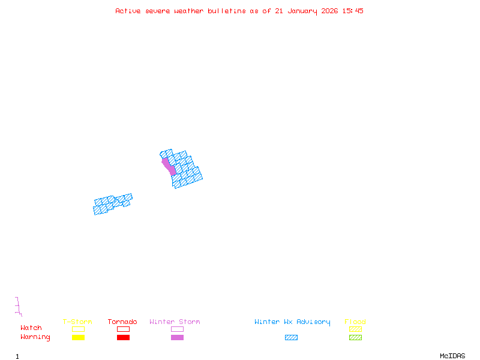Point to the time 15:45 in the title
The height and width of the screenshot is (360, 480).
353,11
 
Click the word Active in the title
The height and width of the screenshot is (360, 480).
128,11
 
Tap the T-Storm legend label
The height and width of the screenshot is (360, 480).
77,322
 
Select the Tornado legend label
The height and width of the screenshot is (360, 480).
122,322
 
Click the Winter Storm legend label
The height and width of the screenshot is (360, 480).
175,322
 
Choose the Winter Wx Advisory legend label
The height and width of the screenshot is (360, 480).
292,322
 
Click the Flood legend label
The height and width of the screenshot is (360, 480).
355,322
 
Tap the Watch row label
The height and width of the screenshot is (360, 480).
31,328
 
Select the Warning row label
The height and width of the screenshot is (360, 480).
35,337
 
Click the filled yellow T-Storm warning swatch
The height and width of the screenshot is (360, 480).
78,338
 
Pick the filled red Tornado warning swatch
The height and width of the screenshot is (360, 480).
123,338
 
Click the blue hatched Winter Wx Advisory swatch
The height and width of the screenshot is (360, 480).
291,338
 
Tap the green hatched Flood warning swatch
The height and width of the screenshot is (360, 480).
355,338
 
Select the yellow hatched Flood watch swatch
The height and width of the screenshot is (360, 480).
355,329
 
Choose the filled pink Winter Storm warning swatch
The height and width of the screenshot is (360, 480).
177,338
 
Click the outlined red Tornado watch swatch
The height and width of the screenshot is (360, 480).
123,329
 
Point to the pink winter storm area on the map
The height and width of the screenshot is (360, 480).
169,166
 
